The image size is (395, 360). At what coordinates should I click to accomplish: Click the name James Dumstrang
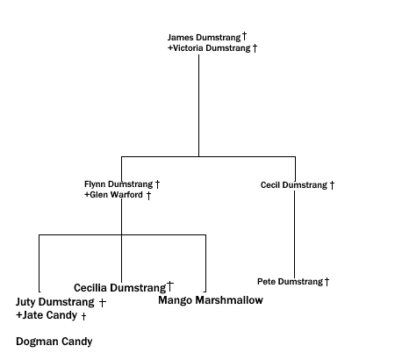(x=204, y=38)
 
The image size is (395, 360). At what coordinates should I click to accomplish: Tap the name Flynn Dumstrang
(x=118, y=184)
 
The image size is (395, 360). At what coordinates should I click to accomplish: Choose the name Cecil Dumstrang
(x=293, y=185)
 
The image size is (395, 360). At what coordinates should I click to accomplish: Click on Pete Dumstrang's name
(x=290, y=282)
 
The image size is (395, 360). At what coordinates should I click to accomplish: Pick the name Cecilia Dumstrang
(x=119, y=288)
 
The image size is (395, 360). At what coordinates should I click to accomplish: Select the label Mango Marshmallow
(x=211, y=300)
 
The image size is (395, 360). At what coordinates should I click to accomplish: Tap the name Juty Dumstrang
(x=54, y=302)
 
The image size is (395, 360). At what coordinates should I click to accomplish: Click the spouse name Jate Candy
(x=49, y=315)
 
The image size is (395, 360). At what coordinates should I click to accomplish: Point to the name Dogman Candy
(x=54, y=342)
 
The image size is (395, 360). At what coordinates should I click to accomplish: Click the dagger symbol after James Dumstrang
(x=244, y=37)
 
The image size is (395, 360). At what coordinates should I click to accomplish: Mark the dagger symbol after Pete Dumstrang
(x=327, y=282)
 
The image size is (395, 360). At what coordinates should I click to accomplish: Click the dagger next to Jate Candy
(x=83, y=316)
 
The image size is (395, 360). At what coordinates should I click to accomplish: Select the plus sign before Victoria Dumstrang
(x=169, y=48)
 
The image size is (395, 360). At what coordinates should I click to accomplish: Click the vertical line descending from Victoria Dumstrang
(x=198, y=105)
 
